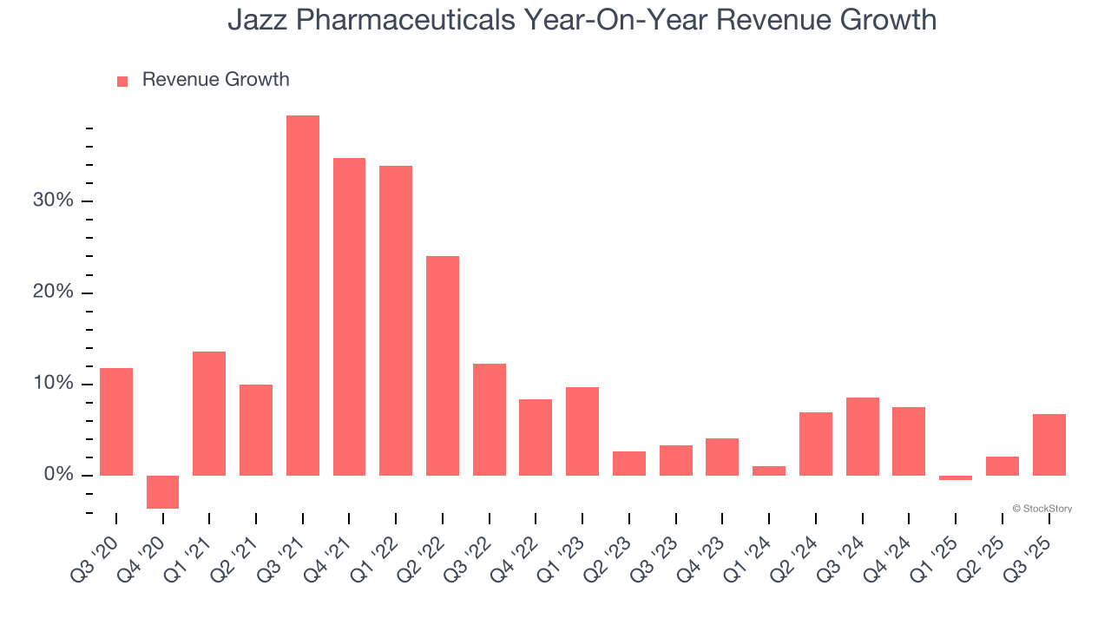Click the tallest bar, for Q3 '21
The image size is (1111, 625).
[303, 295]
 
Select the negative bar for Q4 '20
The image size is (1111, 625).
[162, 491]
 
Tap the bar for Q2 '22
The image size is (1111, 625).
[443, 365]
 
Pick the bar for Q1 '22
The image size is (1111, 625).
[396, 320]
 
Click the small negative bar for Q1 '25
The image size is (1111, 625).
[956, 477]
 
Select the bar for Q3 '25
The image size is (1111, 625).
[1049, 444]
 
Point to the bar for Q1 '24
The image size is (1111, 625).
[769, 470]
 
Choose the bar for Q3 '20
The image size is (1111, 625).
[116, 421]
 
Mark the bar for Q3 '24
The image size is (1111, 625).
[862, 436]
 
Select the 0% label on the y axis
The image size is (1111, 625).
[59, 475]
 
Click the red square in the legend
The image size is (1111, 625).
[122, 81]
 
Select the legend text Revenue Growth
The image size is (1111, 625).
[215, 80]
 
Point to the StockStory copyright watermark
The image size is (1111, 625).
[1042, 509]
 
